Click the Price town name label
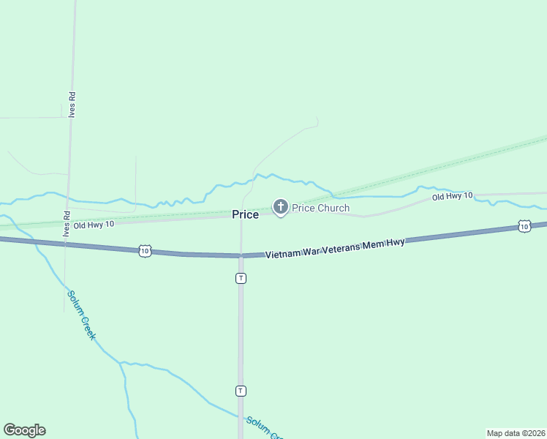point(245,214)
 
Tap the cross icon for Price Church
point(280,207)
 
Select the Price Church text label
point(321,208)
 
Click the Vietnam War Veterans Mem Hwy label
point(334,248)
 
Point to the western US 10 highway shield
point(145,251)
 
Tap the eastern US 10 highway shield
point(524,227)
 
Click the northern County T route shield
point(241,278)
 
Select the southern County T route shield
point(241,391)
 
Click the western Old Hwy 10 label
point(93,225)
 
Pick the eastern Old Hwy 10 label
point(452,196)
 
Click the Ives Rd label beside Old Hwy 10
point(66,224)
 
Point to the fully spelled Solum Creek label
point(81,315)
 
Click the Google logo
point(24,430)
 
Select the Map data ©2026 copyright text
point(516,433)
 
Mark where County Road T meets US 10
point(241,255)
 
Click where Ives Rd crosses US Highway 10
point(66,244)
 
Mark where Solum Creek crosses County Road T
point(241,416)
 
